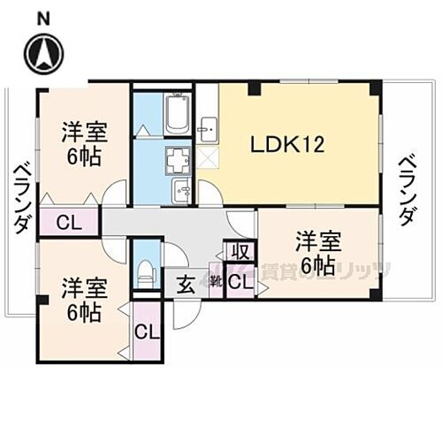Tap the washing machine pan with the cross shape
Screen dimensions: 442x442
(179, 160)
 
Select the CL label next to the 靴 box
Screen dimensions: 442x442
(240, 282)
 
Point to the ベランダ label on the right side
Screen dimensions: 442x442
(406, 189)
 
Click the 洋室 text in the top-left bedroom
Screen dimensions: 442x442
(85, 134)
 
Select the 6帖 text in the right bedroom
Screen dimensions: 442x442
(316, 265)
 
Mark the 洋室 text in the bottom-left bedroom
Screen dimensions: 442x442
(84, 288)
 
